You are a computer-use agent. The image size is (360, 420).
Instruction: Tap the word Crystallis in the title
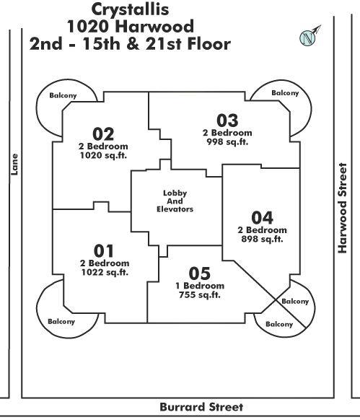click(130, 9)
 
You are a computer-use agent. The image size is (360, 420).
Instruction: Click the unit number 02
click(103, 134)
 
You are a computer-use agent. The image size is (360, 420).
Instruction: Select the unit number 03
click(227, 121)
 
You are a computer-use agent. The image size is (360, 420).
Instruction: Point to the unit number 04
click(262, 218)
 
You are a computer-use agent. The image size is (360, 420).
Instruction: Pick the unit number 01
click(104, 251)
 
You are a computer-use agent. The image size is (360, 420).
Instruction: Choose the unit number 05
click(200, 274)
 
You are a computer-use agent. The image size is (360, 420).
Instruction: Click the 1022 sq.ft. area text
click(105, 272)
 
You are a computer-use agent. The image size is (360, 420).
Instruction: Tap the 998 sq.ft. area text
click(227, 141)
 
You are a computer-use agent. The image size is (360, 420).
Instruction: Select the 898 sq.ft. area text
click(262, 239)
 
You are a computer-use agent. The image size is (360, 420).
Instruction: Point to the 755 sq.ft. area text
click(200, 295)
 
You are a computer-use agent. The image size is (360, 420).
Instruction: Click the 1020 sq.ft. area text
click(103, 155)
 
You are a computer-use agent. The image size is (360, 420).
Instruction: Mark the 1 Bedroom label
click(200, 286)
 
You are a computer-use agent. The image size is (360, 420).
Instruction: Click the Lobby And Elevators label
click(175, 201)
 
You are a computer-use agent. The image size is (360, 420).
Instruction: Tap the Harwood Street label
click(342, 208)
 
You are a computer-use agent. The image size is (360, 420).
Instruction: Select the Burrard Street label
click(201, 407)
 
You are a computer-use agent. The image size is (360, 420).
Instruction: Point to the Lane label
click(14, 165)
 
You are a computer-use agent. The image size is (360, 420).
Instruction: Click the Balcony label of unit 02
click(63, 96)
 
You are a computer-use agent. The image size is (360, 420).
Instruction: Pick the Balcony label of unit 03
click(285, 93)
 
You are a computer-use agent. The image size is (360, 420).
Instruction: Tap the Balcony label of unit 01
click(61, 321)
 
